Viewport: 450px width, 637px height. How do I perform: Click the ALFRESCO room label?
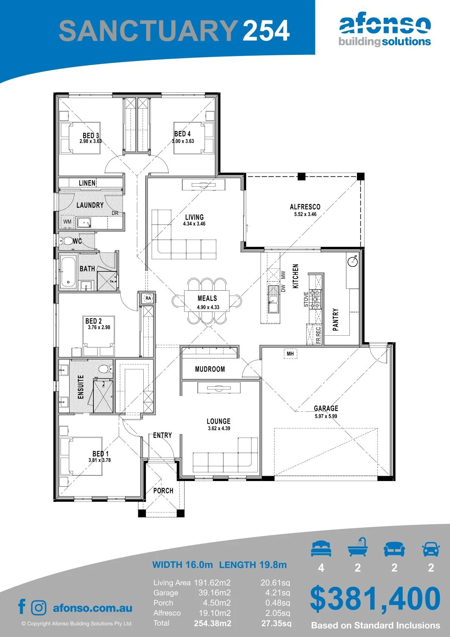coord(305,207)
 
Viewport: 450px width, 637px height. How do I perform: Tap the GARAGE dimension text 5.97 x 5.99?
coord(326,416)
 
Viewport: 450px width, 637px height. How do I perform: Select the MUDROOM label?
coord(210,369)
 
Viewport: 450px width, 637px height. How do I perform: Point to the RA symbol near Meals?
coord(148,298)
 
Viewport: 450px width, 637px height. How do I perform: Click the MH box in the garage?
coord(290,354)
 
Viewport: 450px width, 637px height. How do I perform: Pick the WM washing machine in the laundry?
coord(67,221)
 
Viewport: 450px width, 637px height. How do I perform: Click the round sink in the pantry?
coord(352,260)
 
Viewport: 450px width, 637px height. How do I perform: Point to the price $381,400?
coord(375,598)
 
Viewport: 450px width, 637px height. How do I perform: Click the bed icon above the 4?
coord(321,548)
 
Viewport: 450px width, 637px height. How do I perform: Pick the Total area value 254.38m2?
coord(213,623)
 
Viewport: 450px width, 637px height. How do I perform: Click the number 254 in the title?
coord(266,31)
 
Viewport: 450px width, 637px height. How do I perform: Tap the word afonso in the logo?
coord(385,24)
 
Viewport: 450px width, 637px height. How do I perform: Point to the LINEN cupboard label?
coord(87,183)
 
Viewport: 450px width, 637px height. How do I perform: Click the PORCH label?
coord(163,491)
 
